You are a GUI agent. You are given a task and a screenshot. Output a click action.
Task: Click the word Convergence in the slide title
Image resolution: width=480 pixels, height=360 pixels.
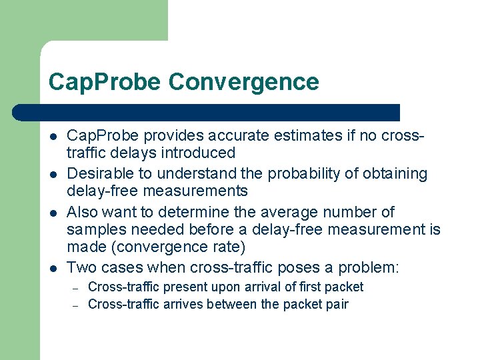point(244,82)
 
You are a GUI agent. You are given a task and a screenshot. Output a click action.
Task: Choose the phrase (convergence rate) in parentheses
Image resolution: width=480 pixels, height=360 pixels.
point(156,247)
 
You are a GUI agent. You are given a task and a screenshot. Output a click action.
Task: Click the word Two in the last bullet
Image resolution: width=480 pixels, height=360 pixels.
point(81,267)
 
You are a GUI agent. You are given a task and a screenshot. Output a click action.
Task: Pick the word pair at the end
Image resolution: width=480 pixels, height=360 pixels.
point(336,305)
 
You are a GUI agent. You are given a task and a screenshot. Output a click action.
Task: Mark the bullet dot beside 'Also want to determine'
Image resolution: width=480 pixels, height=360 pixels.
point(52,213)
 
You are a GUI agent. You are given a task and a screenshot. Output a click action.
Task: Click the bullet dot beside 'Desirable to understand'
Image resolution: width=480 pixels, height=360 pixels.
point(52,174)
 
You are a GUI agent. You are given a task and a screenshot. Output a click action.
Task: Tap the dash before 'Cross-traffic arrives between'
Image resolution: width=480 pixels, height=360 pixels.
point(76,305)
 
